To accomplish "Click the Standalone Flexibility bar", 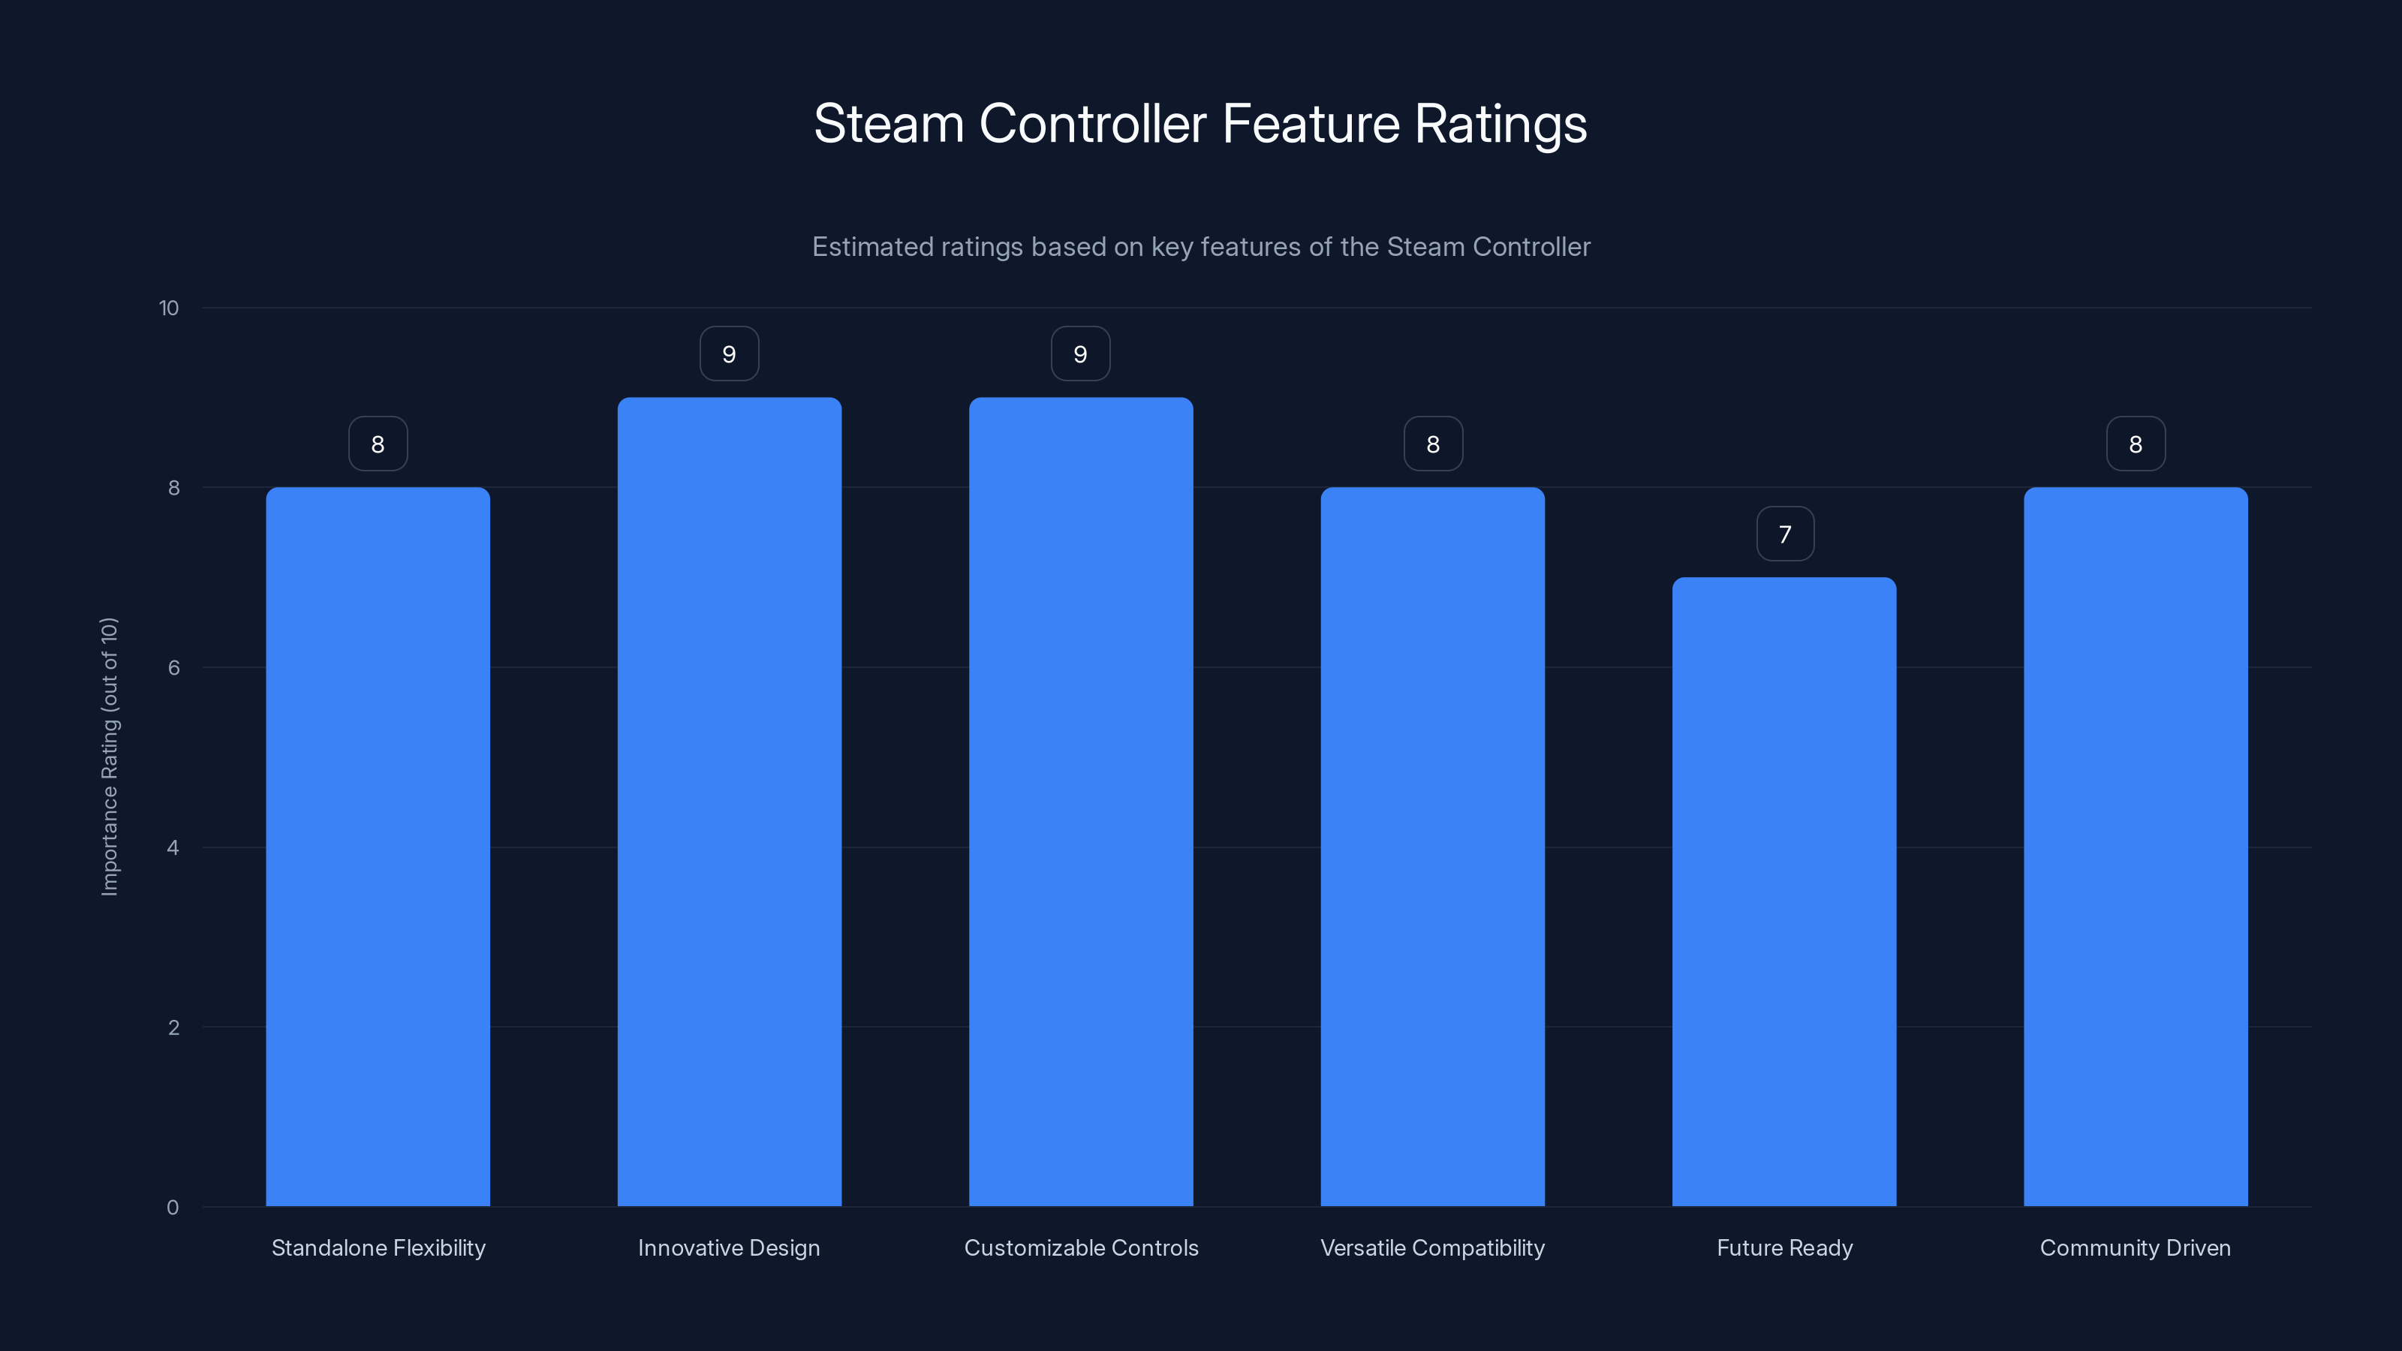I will [x=378, y=847].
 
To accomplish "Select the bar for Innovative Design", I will [x=729, y=802].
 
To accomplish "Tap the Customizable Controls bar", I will [x=1081, y=802].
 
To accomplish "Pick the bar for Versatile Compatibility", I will [x=1432, y=847].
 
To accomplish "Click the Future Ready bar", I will [x=1783, y=892].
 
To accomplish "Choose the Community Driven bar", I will [x=2136, y=847].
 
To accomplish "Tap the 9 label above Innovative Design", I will [x=729, y=354].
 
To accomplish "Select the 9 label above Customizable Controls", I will [x=1081, y=354].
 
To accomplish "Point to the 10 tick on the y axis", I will [x=169, y=308].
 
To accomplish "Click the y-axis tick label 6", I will [x=173, y=667].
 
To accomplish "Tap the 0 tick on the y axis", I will [x=173, y=1208].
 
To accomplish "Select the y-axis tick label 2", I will [x=173, y=1028].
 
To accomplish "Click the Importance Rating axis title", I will [x=110, y=756].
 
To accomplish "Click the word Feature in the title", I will [x=1310, y=124].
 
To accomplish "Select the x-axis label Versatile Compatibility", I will [x=1432, y=1247].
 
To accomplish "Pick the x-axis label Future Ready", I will [x=1783, y=1247].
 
